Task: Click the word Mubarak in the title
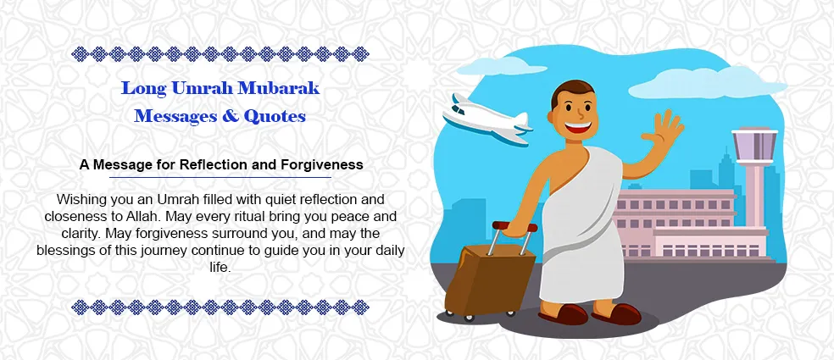[284, 88]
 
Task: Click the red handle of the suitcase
[513, 226]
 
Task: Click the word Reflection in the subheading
[221, 164]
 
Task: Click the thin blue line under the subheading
[220, 178]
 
